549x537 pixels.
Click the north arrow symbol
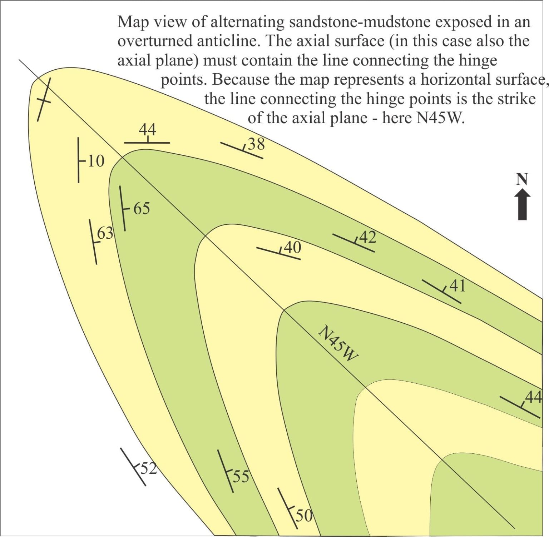(x=522, y=204)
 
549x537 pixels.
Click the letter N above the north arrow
(x=522, y=179)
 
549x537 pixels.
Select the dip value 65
(x=142, y=208)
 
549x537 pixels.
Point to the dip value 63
(x=105, y=233)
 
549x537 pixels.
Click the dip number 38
(x=256, y=144)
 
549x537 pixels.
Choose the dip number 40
(x=293, y=247)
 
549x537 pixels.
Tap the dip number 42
(x=368, y=237)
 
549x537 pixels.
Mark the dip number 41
(x=457, y=286)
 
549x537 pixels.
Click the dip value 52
(x=149, y=468)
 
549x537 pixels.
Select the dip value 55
(x=241, y=476)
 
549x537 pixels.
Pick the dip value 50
(x=304, y=515)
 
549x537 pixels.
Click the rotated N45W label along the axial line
(x=338, y=343)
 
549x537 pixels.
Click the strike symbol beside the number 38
(x=242, y=150)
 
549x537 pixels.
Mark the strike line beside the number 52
(x=133, y=467)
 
